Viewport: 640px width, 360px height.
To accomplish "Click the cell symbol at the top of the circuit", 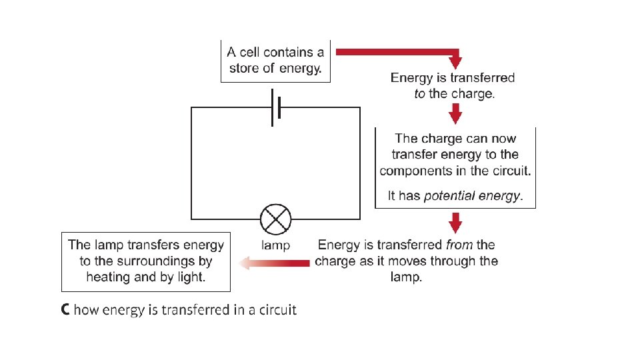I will (x=275, y=107).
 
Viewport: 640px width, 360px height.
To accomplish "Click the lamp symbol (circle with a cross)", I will (x=275, y=219).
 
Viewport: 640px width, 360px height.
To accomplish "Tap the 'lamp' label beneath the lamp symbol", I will (x=275, y=245).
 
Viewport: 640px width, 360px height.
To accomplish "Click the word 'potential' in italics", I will (x=449, y=196).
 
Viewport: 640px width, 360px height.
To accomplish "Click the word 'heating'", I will (x=108, y=277).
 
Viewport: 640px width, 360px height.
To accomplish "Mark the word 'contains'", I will (x=287, y=52).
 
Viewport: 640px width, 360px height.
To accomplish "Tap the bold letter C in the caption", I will (x=65, y=310).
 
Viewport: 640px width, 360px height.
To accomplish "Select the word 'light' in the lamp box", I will (x=189, y=277).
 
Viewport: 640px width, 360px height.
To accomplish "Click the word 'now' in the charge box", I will (x=503, y=139).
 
